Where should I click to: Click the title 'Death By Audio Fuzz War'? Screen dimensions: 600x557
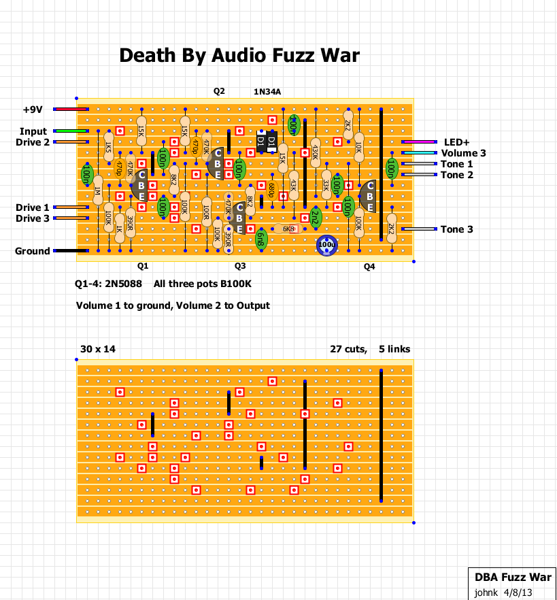(239, 55)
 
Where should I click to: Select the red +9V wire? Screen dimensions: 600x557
(71, 110)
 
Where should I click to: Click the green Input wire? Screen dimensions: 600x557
(71, 131)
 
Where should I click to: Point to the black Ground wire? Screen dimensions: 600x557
(71, 251)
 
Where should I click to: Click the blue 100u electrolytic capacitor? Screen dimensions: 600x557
(327, 245)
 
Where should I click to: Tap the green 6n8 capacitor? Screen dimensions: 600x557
(261, 238)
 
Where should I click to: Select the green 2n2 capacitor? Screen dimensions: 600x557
(316, 217)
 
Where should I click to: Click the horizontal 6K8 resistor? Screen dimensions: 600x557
(288, 229)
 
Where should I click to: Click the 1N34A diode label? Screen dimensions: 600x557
(267, 92)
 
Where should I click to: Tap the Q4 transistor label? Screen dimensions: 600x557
(369, 267)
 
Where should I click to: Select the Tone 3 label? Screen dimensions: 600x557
(456, 229)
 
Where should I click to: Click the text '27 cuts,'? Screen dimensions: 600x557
(348, 349)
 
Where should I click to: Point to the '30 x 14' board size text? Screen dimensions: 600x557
(98, 349)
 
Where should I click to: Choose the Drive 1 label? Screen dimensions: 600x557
(33, 207)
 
